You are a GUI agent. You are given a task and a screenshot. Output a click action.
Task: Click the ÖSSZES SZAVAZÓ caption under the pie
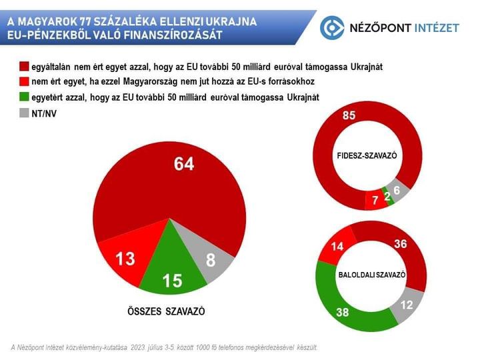point(166,311)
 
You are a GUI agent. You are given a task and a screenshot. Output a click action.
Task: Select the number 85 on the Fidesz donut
point(348,115)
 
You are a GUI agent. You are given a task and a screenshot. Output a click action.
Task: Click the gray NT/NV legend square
point(24,113)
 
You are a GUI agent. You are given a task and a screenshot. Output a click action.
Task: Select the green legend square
point(24,97)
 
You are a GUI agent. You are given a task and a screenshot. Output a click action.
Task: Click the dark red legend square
point(24,67)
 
